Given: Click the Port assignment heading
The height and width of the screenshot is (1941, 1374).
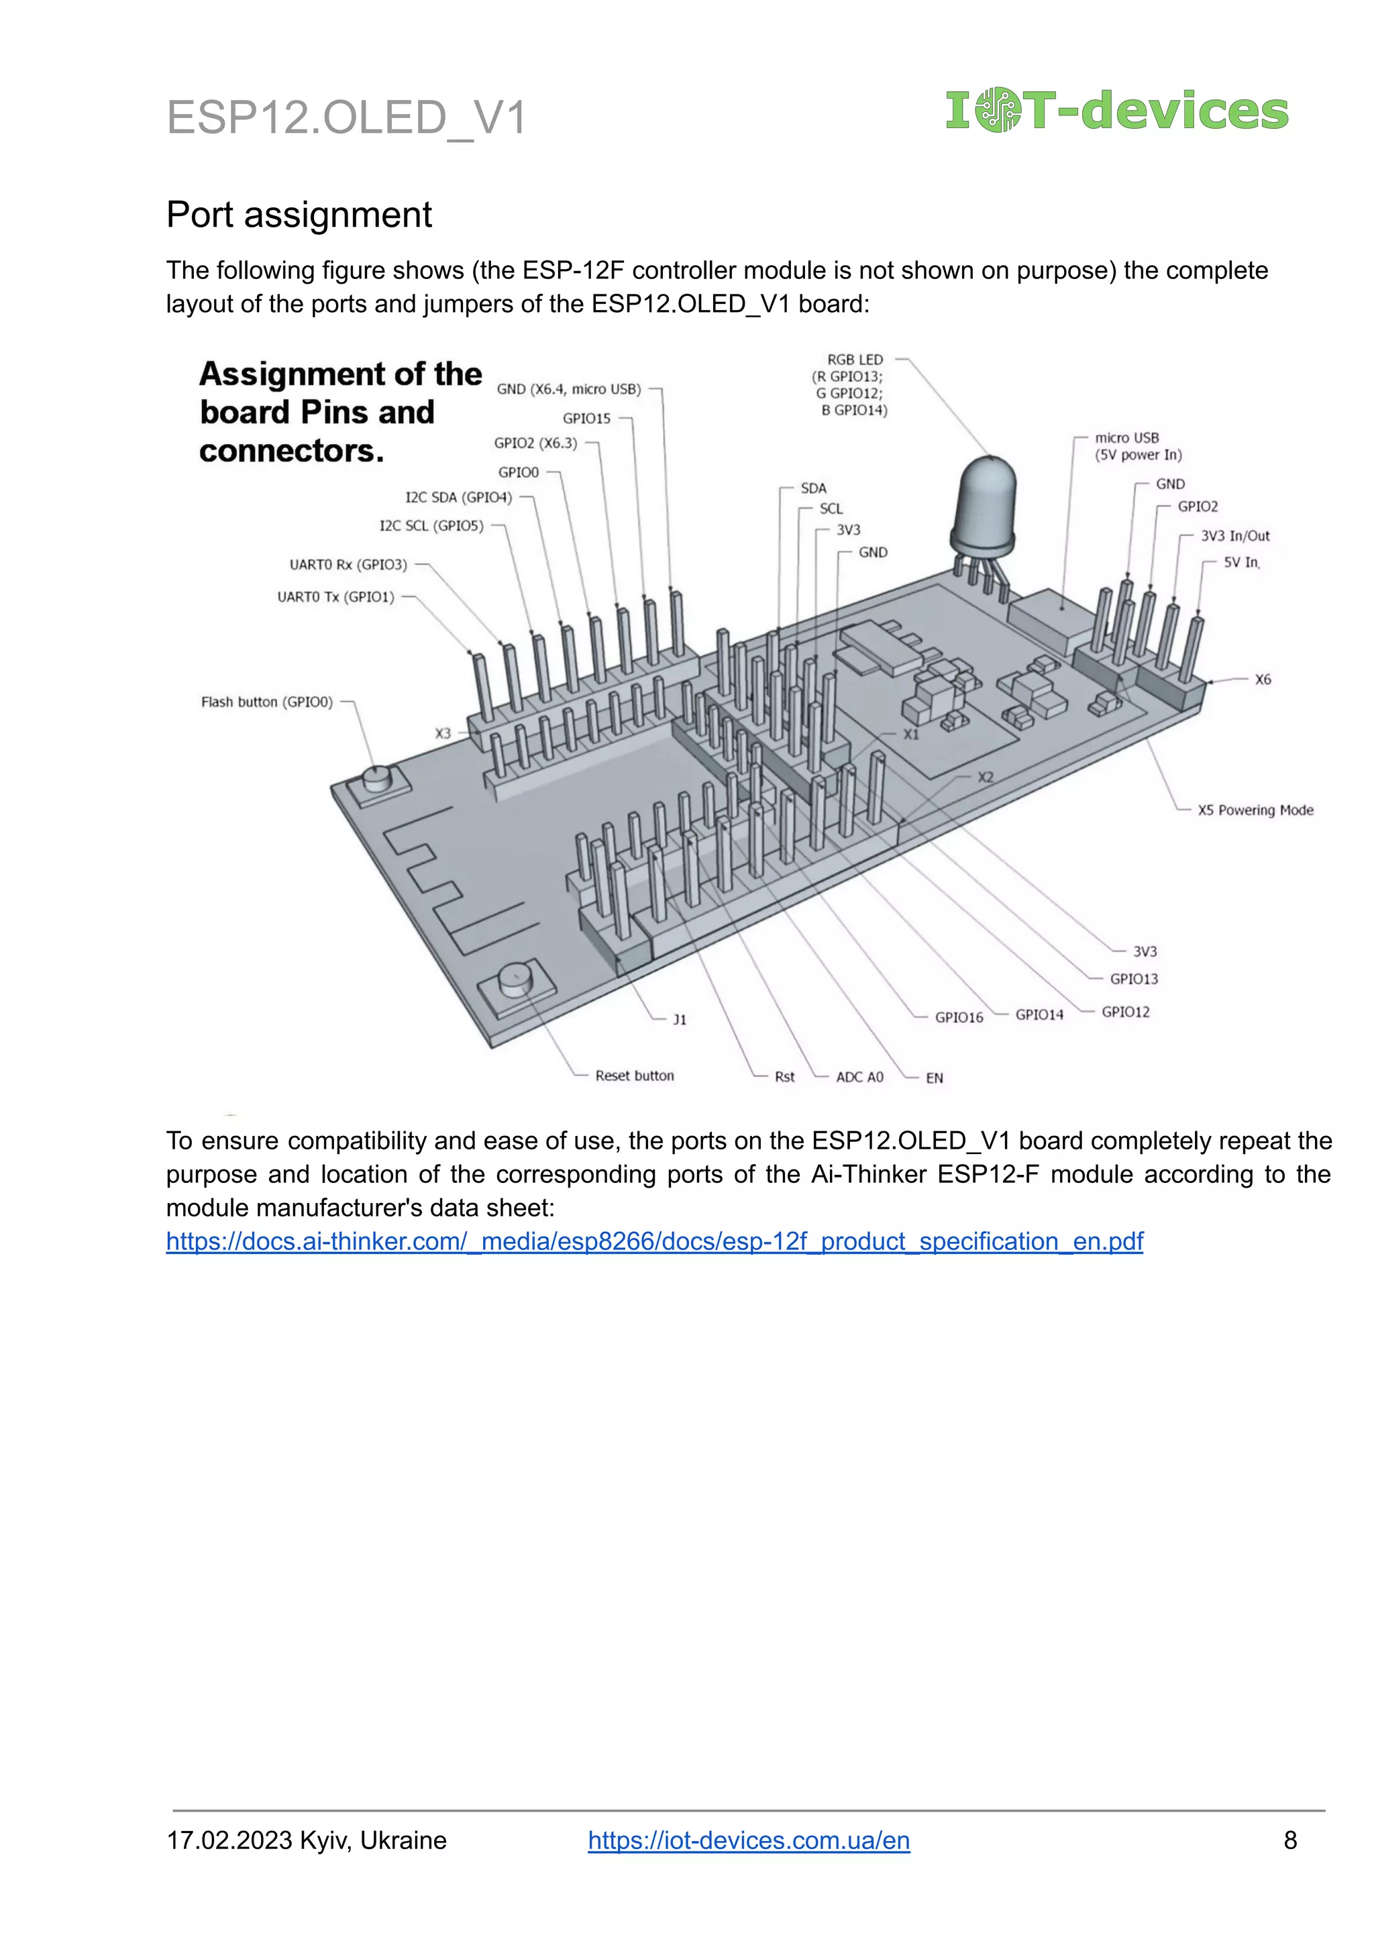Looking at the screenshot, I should (x=299, y=215).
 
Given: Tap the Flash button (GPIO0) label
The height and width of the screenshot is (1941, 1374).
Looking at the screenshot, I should (x=266, y=702).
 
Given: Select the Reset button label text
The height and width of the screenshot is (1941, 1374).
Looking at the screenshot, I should (x=635, y=1076).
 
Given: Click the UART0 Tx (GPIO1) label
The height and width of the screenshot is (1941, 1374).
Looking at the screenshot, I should (x=336, y=596).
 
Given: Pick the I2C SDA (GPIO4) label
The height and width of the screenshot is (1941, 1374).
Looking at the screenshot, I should (x=459, y=498).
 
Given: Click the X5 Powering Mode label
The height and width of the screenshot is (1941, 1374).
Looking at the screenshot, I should (x=1255, y=810).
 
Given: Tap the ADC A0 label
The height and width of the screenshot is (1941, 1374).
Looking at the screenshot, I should (x=859, y=1077).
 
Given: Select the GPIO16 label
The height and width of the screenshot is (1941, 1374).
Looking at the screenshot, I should (x=959, y=1017).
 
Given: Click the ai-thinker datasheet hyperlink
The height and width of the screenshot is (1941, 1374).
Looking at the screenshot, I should (x=654, y=1241).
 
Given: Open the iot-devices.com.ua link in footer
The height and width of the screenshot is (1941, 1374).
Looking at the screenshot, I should (x=749, y=1840).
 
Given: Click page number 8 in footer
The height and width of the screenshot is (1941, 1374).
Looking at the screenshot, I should (x=1290, y=1840).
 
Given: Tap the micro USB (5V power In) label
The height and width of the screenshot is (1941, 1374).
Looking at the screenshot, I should (x=1138, y=446).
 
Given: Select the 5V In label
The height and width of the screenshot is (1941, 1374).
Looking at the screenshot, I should (x=1241, y=562).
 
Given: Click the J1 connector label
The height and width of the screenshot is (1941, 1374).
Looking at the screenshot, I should (x=680, y=1020).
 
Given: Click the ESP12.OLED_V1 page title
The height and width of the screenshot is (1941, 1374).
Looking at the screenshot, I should (x=346, y=117).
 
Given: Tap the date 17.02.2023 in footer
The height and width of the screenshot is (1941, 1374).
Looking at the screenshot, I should (x=229, y=1840).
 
